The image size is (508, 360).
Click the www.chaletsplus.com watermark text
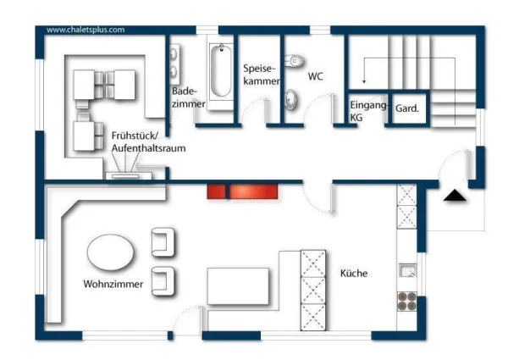tap(86, 29)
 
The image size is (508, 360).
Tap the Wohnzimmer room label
tap(113, 284)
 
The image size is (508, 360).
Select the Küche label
tap(354, 274)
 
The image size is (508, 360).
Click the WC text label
tap(315, 76)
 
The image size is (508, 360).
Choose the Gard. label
tap(409, 108)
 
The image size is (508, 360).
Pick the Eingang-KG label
tap(369, 110)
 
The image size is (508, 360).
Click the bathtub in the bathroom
tap(221, 71)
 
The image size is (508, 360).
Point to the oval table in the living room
tap(111, 253)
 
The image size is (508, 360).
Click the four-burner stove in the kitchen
tap(408, 301)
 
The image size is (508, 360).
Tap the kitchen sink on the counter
tap(408, 271)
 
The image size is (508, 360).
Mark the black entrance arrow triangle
tap(456, 196)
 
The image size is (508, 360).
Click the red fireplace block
tap(244, 191)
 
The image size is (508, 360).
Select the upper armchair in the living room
tap(163, 242)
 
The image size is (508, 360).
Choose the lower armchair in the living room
tap(163, 279)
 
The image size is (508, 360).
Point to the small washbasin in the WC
tap(291, 98)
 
